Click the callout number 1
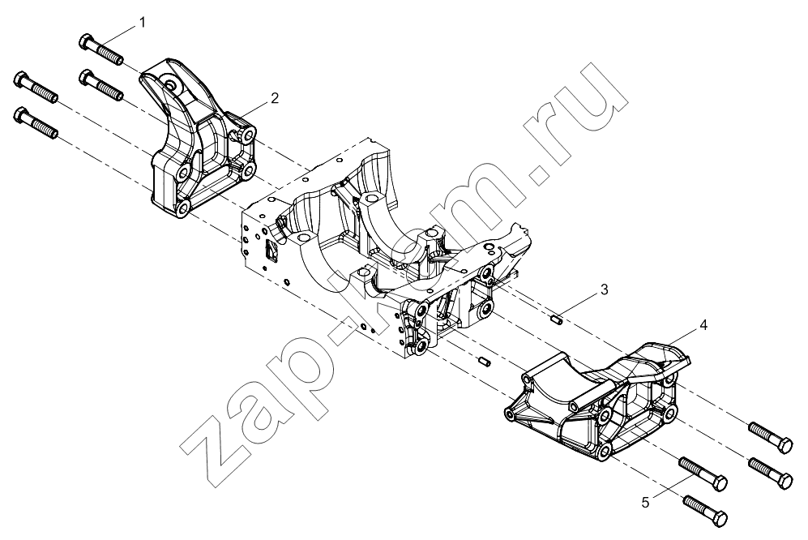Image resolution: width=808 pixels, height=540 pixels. tap(142, 22)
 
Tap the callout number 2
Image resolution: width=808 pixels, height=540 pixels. tap(275, 98)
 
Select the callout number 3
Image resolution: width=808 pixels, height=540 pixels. tap(605, 289)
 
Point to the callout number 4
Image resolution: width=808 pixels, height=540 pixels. tap(703, 325)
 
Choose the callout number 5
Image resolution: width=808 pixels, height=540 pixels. tap(645, 502)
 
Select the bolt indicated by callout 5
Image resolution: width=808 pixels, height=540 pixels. tap(703, 474)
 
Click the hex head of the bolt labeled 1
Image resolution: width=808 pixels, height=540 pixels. tap(87, 41)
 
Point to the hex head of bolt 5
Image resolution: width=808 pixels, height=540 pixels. tap(720, 483)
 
